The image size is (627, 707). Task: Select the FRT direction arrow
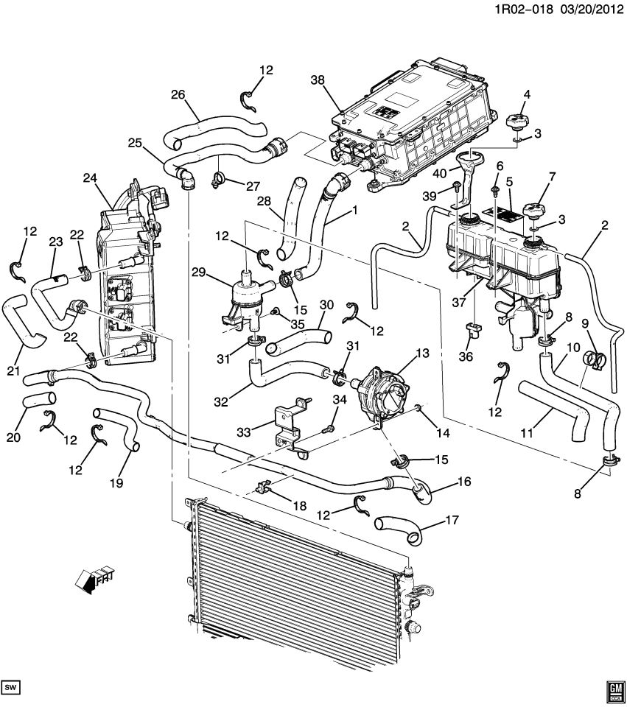coord(94,578)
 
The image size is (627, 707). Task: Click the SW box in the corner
coord(10,687)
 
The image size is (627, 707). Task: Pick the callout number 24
coord(91,178)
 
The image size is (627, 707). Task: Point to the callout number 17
coord(452,520)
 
